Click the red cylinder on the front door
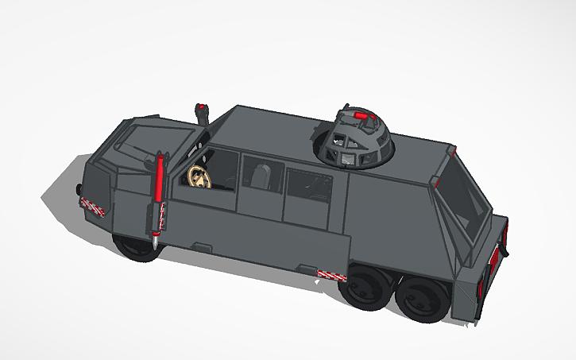click(160, 178)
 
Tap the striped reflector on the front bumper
click(93, 206)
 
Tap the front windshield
click(144, 139)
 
